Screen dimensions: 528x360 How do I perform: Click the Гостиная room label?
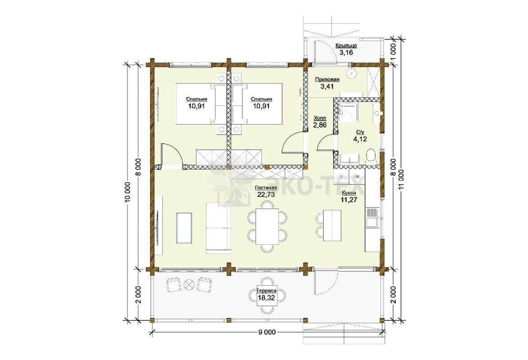(x=266, y=188)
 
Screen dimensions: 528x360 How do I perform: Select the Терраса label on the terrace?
(x=266, y=291)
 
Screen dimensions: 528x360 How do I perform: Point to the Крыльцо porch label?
(x=346, y=45)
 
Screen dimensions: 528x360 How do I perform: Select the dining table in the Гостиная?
(x=267, y=226)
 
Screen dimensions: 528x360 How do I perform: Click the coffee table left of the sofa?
(x=184, y=228)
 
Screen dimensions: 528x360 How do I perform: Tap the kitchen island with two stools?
(x=331, y=225)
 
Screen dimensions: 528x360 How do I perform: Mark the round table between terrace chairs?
(x=189, y=284)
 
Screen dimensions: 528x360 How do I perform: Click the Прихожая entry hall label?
(x=327, y=80)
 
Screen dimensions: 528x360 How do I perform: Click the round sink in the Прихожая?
(x=352, y=73)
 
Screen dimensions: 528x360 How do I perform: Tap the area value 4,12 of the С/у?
(x=360, y=139)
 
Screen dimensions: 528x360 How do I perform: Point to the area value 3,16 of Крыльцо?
(x=346, y=52)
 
